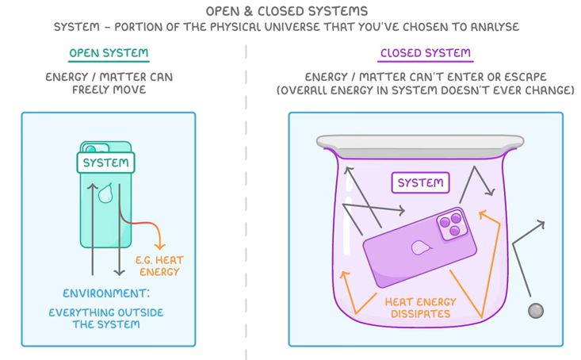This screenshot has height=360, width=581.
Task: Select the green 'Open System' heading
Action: pos(109,54)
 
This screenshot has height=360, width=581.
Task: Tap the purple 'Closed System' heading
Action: pos(425,54)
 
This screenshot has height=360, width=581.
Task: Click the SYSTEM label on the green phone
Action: pos(106,163)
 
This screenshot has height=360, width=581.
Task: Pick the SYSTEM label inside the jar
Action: pos(420,183)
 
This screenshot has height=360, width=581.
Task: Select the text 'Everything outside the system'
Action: pos(106,318)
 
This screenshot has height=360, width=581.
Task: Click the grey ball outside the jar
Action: pos(536,311)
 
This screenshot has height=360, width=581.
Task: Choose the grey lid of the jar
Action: pos(419,144)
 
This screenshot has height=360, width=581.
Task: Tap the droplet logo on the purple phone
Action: pos(419,247)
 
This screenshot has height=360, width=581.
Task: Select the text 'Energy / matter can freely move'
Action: pos(109,83)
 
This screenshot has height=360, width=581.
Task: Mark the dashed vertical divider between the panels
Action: pos(246,198)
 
